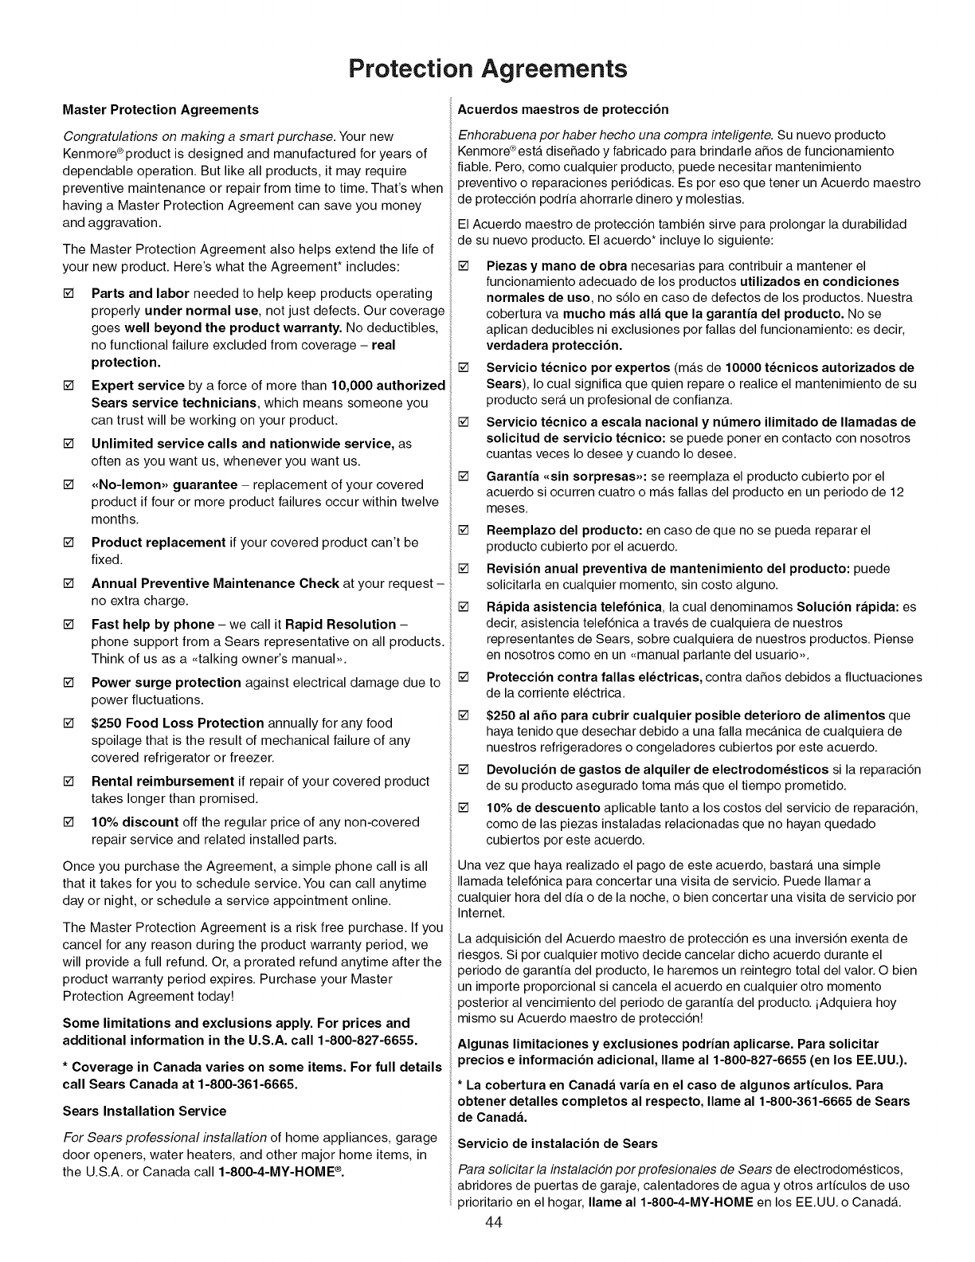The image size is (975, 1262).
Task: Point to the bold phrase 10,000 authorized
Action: [388, 386]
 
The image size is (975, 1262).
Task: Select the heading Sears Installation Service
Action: [144, 1111]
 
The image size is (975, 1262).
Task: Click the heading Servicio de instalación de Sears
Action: [558, 1143]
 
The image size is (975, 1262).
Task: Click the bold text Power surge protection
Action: [166, 683]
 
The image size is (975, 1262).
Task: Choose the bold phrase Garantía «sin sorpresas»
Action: [566, 476]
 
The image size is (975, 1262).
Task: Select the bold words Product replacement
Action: [159, 543]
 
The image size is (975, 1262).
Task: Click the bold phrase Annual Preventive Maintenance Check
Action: [215, 583]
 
